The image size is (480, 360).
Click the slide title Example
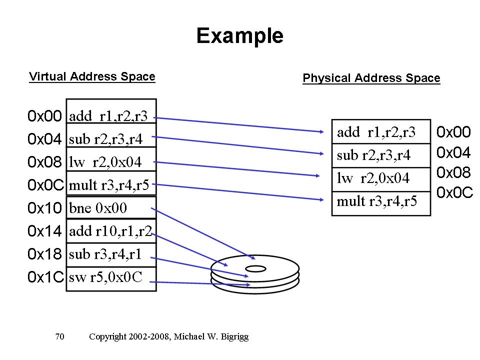click(x=239, y=36)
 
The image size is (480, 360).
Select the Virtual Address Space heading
click(x=92, y=77)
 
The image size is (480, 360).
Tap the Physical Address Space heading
click(x=371, y=78)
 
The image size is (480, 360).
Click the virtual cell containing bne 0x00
click(x=111, y=207)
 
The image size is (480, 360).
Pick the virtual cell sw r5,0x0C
click(x=111, y=278)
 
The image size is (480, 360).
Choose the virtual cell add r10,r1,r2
click(x=111, y=231)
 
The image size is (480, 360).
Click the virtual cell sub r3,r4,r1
click(x=111, y=254)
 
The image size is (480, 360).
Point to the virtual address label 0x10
click(x=44, y=207)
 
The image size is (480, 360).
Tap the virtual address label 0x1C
click(x=45, y=278)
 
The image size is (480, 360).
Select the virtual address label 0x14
click(x=44, y=231)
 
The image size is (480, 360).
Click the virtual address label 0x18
click(x=44, y=254)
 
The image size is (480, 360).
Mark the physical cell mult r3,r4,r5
click(x=381, y=202)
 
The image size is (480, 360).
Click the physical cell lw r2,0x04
click(x=381, y=179)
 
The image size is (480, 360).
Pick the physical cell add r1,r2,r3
click(x=381, y=132)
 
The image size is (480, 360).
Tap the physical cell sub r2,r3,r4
click(x=381, y=155)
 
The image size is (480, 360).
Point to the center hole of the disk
click(x=255, y=269)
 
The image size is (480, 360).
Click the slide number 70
click(x=59, y=337)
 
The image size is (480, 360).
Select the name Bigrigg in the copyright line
click(x=232, y=337)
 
